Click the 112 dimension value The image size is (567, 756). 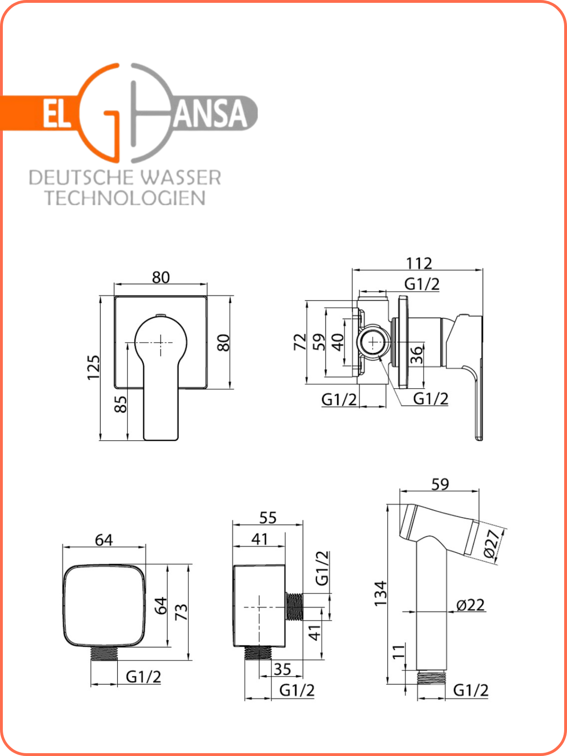419,264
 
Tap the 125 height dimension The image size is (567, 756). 94,368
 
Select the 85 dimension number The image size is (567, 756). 121,404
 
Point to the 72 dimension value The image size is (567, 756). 300,342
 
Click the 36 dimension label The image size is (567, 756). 417,355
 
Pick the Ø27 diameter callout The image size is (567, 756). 492,544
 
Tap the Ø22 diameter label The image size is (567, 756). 470,605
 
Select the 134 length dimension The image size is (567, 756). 381,593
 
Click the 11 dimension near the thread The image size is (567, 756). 399,652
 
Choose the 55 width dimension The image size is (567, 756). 268,518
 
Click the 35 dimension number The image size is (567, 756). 283,669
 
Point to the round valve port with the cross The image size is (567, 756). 374,343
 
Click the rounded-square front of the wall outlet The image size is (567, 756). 104,605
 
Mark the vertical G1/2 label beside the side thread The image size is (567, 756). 322,568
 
